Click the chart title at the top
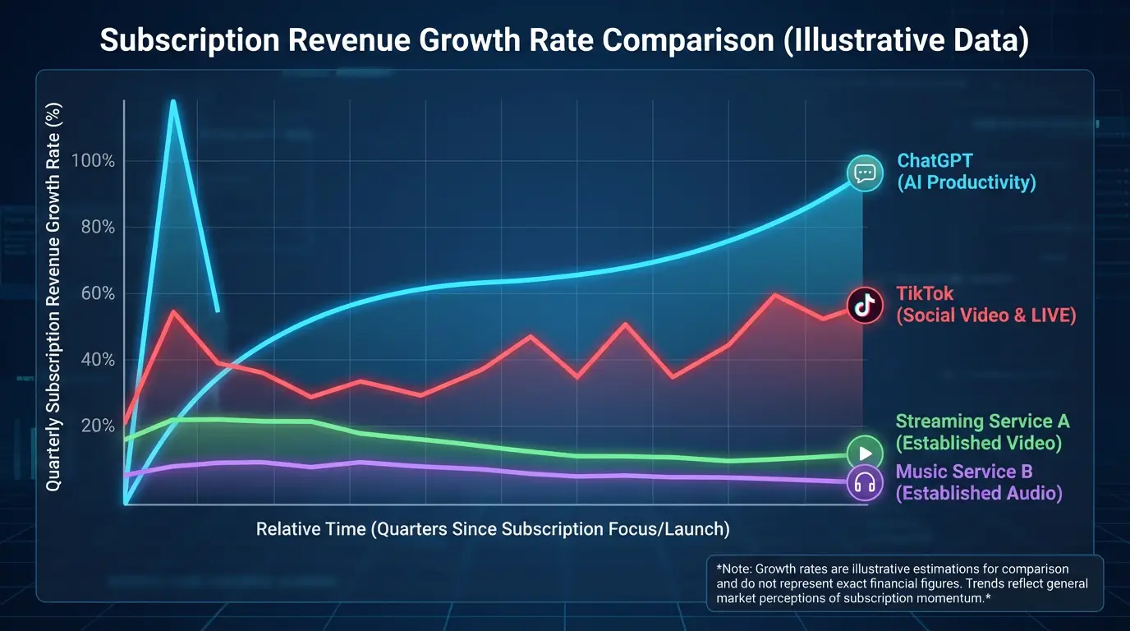coord(564,40)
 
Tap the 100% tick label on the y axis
coord(93,160)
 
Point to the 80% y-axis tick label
coord(98,228)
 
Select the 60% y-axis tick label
coord(98,294)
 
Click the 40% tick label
coord(98,360)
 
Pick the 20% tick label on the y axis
coord(98,426)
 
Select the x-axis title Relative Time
coord(493,528)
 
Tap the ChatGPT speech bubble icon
coord(864,173)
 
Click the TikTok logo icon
coord(864,306)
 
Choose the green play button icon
coord(864,454)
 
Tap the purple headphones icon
coord(864,482)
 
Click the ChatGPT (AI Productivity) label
coord(966,172)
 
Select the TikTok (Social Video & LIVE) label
coord(985,304)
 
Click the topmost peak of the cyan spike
coord(173,102)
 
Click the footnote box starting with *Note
coord(903,583)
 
